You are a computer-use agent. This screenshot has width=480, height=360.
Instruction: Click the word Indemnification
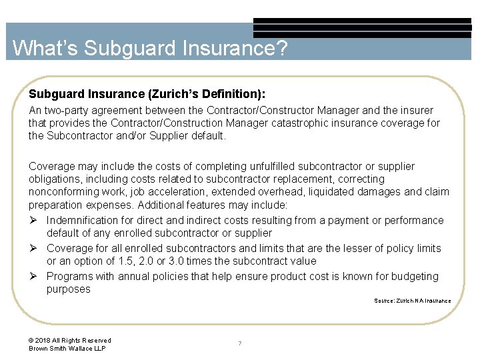[x=85, y=220]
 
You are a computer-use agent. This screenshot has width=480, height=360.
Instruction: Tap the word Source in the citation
[x=384, y=301]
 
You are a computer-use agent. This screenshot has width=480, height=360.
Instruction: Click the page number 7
[x=240, y=344]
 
